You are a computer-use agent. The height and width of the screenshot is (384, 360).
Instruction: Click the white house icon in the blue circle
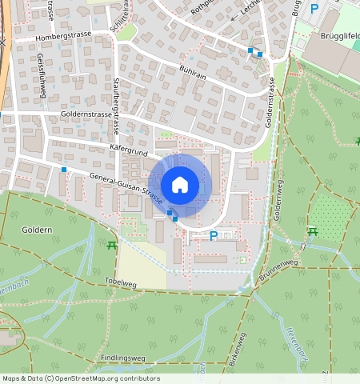click(180, 185)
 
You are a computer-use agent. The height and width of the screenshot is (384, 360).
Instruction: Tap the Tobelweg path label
click(121, 282)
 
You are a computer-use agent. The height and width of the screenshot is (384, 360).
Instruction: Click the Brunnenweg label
click(278, 270)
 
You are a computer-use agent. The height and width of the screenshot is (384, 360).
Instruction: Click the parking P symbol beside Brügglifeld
click(314, 8)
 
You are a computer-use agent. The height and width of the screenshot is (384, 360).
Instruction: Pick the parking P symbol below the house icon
click(213, 235)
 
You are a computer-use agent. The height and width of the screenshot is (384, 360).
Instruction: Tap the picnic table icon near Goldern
click(111, 245)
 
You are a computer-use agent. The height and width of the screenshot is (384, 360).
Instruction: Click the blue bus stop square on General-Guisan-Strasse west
click(64, 170)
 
